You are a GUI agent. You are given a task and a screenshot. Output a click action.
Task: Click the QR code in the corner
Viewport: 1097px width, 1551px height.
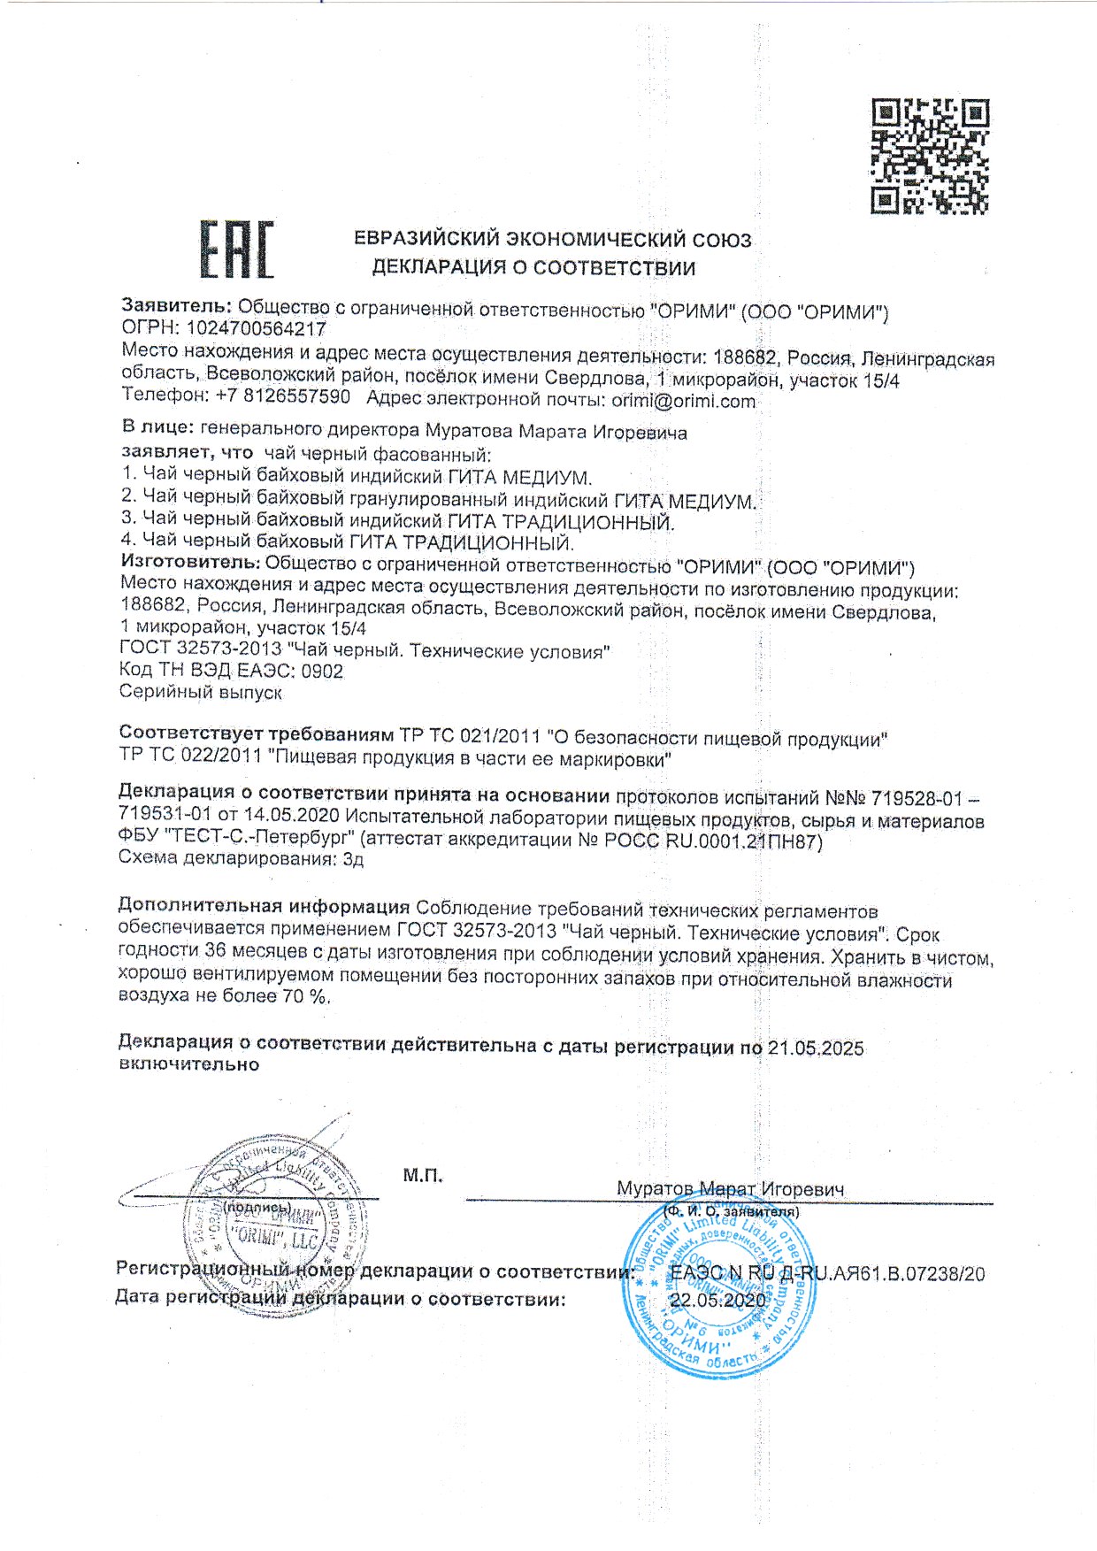pyautogui.click(x=929, y=157)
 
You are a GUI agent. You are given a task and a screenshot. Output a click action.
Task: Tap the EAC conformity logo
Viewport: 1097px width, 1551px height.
pyautogui.click(x=236, y=250)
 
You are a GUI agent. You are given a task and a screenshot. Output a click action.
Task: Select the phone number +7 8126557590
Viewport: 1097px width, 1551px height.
pyautogui.click(x=283, y=397)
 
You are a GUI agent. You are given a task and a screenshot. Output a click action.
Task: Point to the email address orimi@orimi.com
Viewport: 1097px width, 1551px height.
pyautogui.click(x=684, y=401)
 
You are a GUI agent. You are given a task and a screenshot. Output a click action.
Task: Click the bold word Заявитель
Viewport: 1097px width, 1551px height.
pyautogui.click(x=176, y=306)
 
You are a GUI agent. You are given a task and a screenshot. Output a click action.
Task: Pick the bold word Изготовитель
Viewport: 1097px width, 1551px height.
pyautogui.click(x=189, y=564)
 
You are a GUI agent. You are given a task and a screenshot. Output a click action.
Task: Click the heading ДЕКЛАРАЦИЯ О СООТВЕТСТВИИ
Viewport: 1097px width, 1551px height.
pyautogui.click(x=533, y=268)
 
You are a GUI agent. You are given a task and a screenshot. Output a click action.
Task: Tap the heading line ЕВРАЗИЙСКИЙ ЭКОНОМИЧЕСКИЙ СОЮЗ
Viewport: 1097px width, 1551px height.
pyautogui.click(x=553, y=239)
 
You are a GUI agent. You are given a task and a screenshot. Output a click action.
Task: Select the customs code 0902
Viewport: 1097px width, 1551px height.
pyautogui.click(x=322, y=672)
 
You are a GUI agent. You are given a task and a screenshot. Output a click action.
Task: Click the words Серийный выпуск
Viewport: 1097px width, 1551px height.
pyautogui.click(x=201, y=693)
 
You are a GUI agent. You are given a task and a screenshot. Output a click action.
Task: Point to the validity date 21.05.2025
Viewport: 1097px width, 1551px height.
pyautogui.click(x=816, y=1048)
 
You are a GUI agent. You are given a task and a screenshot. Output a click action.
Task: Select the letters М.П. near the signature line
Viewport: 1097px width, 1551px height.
pyautogui.click(x=423, y=1176)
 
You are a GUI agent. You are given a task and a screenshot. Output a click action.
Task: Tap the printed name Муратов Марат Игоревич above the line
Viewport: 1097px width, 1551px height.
pyautogui.click(x=730, y=1189)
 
